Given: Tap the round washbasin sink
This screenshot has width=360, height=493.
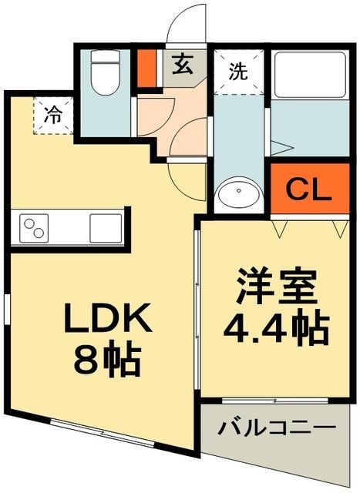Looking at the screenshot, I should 237,193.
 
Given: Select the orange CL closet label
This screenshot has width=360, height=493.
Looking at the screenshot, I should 309,188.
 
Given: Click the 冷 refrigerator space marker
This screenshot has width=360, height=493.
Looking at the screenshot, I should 52,117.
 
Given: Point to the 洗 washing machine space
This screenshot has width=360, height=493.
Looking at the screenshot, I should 238,72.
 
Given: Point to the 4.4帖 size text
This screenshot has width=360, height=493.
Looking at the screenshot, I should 277,328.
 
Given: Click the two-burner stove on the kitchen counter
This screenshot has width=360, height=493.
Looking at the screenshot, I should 35,228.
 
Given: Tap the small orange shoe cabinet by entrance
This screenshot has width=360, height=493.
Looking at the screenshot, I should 146,68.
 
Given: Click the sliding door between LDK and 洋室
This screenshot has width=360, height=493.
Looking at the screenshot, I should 198,308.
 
